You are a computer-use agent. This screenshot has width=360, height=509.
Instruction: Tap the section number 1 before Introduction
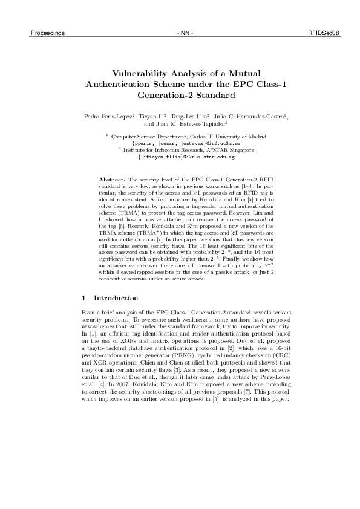point(83,299)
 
